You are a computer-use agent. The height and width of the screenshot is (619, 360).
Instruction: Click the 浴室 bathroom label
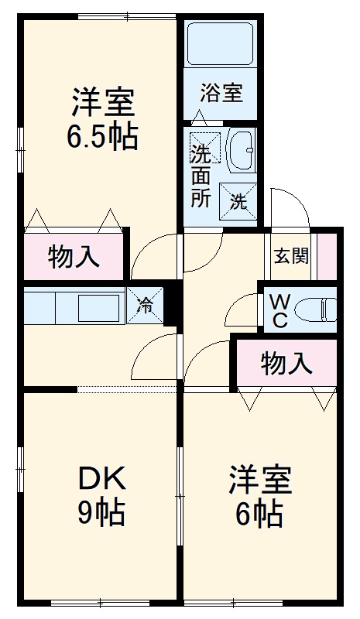(221, 94)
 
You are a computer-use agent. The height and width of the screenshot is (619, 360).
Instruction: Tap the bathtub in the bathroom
(221, 45)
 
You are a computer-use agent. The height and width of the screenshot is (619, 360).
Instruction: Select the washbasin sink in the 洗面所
(242, 149)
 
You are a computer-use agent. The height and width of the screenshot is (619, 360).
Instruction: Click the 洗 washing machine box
(238, 202)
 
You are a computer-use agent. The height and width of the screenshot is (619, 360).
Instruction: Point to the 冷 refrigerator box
(146, 305)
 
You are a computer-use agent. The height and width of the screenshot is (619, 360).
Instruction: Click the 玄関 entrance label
(291, 255)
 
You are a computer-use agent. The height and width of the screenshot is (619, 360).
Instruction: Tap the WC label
(279, 309)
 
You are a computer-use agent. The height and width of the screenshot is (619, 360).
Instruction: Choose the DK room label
(102, 479)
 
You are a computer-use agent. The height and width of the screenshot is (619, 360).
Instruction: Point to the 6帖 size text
(259, 513)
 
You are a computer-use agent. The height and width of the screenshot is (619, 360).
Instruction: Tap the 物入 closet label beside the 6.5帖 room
(74, 257)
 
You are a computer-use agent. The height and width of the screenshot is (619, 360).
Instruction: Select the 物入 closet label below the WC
(286, 362)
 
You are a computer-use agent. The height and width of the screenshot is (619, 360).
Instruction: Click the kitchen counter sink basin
(98, 306)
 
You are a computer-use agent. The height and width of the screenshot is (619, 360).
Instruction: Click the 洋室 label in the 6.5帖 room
(104, 102)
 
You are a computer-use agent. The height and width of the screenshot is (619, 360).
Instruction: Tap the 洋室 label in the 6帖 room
(260, 480)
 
